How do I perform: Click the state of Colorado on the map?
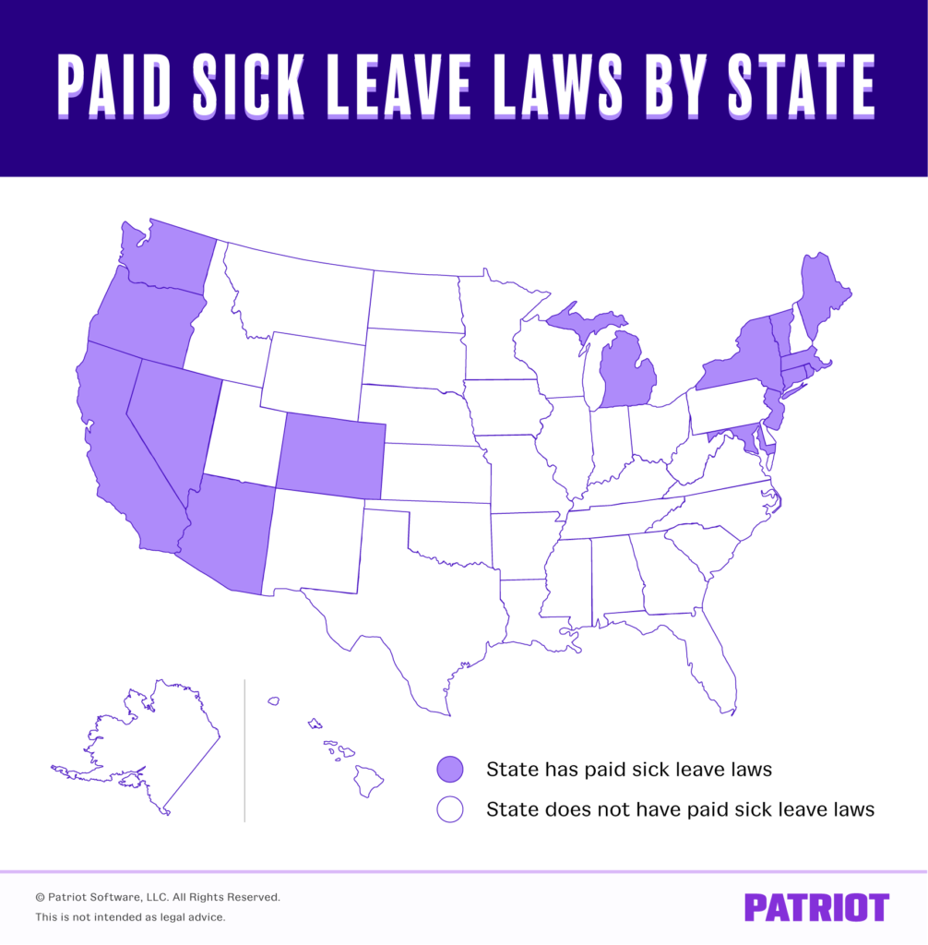pos(330,455)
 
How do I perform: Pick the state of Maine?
pos(820,291)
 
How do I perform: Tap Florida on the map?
pos(710,655)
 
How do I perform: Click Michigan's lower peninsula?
pos(627,374)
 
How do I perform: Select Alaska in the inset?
pos(157,738)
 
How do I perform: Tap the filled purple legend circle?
pos(450,769)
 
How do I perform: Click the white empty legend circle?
pos(450,810)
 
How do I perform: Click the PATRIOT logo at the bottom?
pos(816,906)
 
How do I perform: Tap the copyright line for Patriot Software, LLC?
pos(158,897)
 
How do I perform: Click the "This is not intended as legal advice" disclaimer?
pos(130,917)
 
